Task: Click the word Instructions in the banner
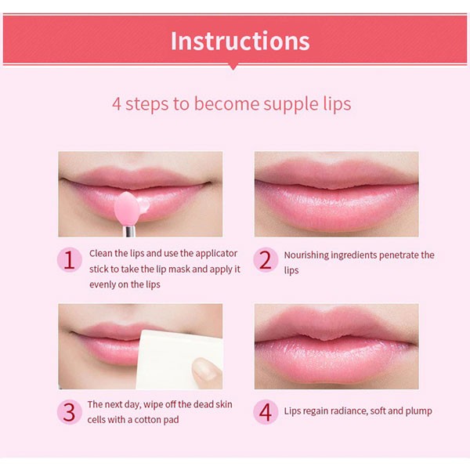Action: [x=240, y=41]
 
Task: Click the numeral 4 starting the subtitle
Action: [x=117, y=103]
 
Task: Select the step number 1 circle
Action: [x=70, y=259]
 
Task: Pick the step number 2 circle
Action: [x=266, y=259]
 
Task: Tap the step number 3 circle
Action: [x=70, y=412]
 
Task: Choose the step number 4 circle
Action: [x=266, y=412]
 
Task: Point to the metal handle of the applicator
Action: [x=129, y=231]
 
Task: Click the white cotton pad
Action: [x=177, y=360]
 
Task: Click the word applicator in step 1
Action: [x=216, y=254]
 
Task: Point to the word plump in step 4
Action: [x=419, y=411]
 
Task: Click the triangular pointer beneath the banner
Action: [x=233, y=67]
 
